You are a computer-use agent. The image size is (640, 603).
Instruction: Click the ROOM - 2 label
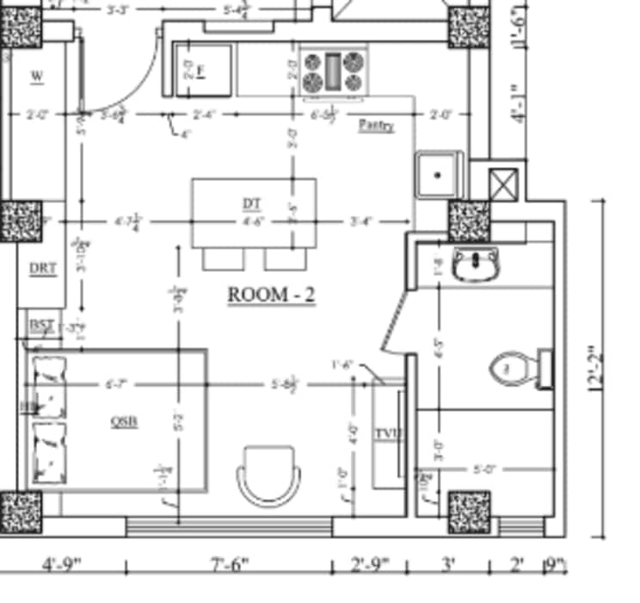point(271,295)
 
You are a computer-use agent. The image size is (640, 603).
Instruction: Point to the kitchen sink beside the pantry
point(439,175)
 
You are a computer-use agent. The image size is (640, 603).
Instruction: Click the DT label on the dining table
point(251,204)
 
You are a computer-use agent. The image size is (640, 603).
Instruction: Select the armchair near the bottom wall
point(270,475)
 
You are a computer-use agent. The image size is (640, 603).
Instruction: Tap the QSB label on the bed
point(125,421)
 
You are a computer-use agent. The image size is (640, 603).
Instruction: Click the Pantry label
point(376,126)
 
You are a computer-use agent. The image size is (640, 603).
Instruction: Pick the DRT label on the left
point(43,269)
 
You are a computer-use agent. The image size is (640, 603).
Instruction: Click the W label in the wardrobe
point(37,77)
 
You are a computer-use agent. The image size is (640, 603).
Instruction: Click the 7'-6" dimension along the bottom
point(229,566)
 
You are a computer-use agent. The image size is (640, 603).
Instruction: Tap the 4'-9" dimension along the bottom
point(62,566)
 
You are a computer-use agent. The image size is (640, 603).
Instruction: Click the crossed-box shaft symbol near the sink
point(502,183)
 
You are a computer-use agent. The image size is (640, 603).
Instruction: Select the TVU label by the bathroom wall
point(389,433)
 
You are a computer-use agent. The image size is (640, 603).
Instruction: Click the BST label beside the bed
point(41,325)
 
